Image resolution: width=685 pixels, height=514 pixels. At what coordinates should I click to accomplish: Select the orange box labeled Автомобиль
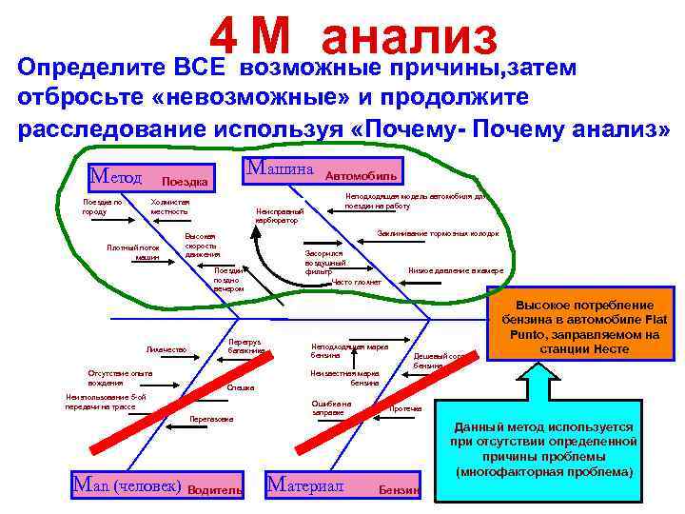pyautogui.click(x=362, y=176)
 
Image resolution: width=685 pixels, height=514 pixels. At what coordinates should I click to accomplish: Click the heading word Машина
pyautogui.click(x=280, y=168)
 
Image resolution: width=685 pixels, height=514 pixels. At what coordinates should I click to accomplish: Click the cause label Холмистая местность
pyautogui.click(x=171, y=207)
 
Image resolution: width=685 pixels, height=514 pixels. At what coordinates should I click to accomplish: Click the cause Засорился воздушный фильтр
pyautogui.click(x=324, y=264)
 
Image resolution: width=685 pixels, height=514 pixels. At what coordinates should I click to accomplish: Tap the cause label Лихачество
pyautogui.click(x=166, y=349)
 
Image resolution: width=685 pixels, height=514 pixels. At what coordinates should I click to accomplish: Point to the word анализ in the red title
pyautogui.click(x=409, y=38)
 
